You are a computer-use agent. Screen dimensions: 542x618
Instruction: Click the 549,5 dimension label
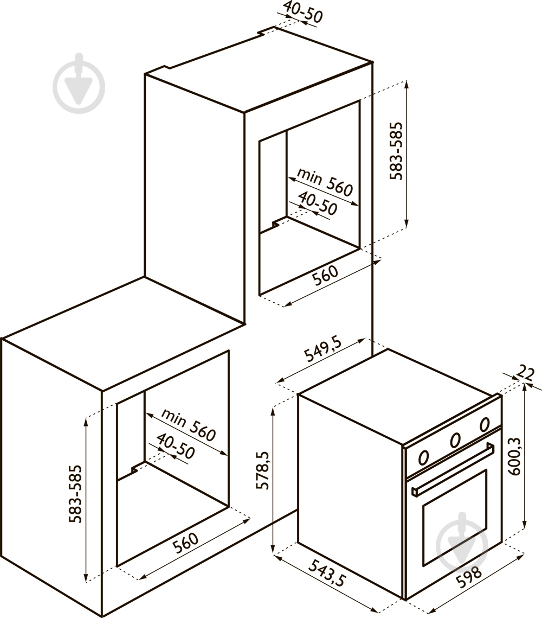point(323,349)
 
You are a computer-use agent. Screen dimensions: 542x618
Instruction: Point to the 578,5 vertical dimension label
point(262,470)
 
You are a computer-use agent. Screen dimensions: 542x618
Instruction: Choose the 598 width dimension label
point(469,577)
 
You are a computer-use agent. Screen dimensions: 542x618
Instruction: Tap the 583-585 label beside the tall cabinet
point(396,151)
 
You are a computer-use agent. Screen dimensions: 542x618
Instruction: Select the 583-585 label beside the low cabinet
point(75,494)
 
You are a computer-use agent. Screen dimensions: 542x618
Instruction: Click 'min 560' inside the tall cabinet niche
point(325,182)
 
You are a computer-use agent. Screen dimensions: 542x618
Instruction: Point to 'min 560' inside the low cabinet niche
point(189,425)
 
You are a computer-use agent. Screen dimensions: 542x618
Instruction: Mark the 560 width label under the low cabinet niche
point(185,543)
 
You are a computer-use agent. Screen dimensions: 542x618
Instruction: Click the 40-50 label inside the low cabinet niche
point(176,447)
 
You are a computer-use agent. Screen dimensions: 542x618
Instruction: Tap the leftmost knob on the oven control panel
point(423,457)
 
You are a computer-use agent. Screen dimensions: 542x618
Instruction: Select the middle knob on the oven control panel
point(455,440)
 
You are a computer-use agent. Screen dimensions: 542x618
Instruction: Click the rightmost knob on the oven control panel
point(485,424)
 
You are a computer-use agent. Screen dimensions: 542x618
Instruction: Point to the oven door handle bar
point(453,469)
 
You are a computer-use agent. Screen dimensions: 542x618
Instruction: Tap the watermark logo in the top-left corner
point(79,84)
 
